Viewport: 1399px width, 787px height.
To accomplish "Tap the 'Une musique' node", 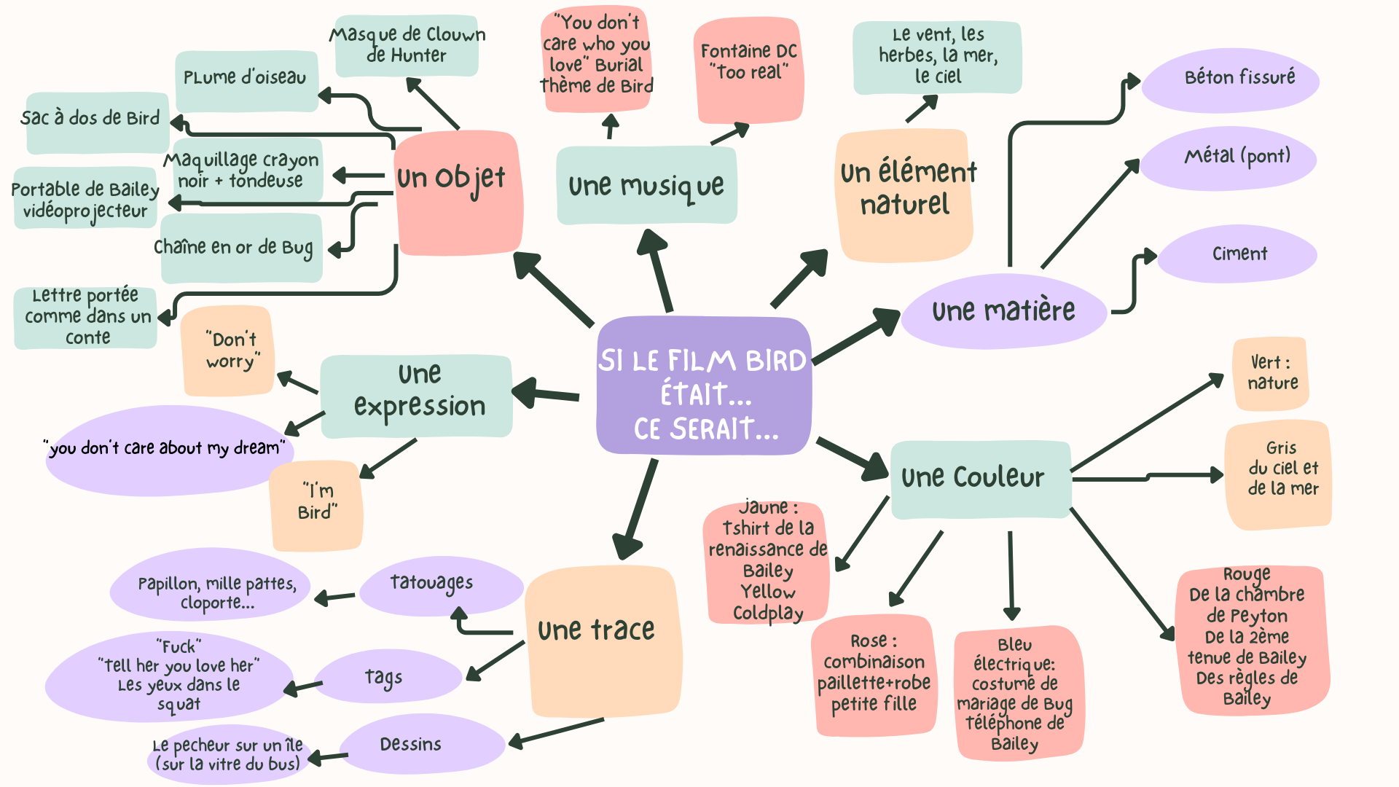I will coord(646,185).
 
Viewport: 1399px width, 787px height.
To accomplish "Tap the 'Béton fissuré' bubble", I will coord(1231,79).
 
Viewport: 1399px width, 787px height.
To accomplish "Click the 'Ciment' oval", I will coord(1239,254).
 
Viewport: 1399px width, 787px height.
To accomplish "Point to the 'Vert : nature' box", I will coord(1271,373).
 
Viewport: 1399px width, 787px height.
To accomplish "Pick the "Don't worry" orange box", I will coord(229,351).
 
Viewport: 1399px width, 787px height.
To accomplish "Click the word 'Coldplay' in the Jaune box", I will coord(767,613).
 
